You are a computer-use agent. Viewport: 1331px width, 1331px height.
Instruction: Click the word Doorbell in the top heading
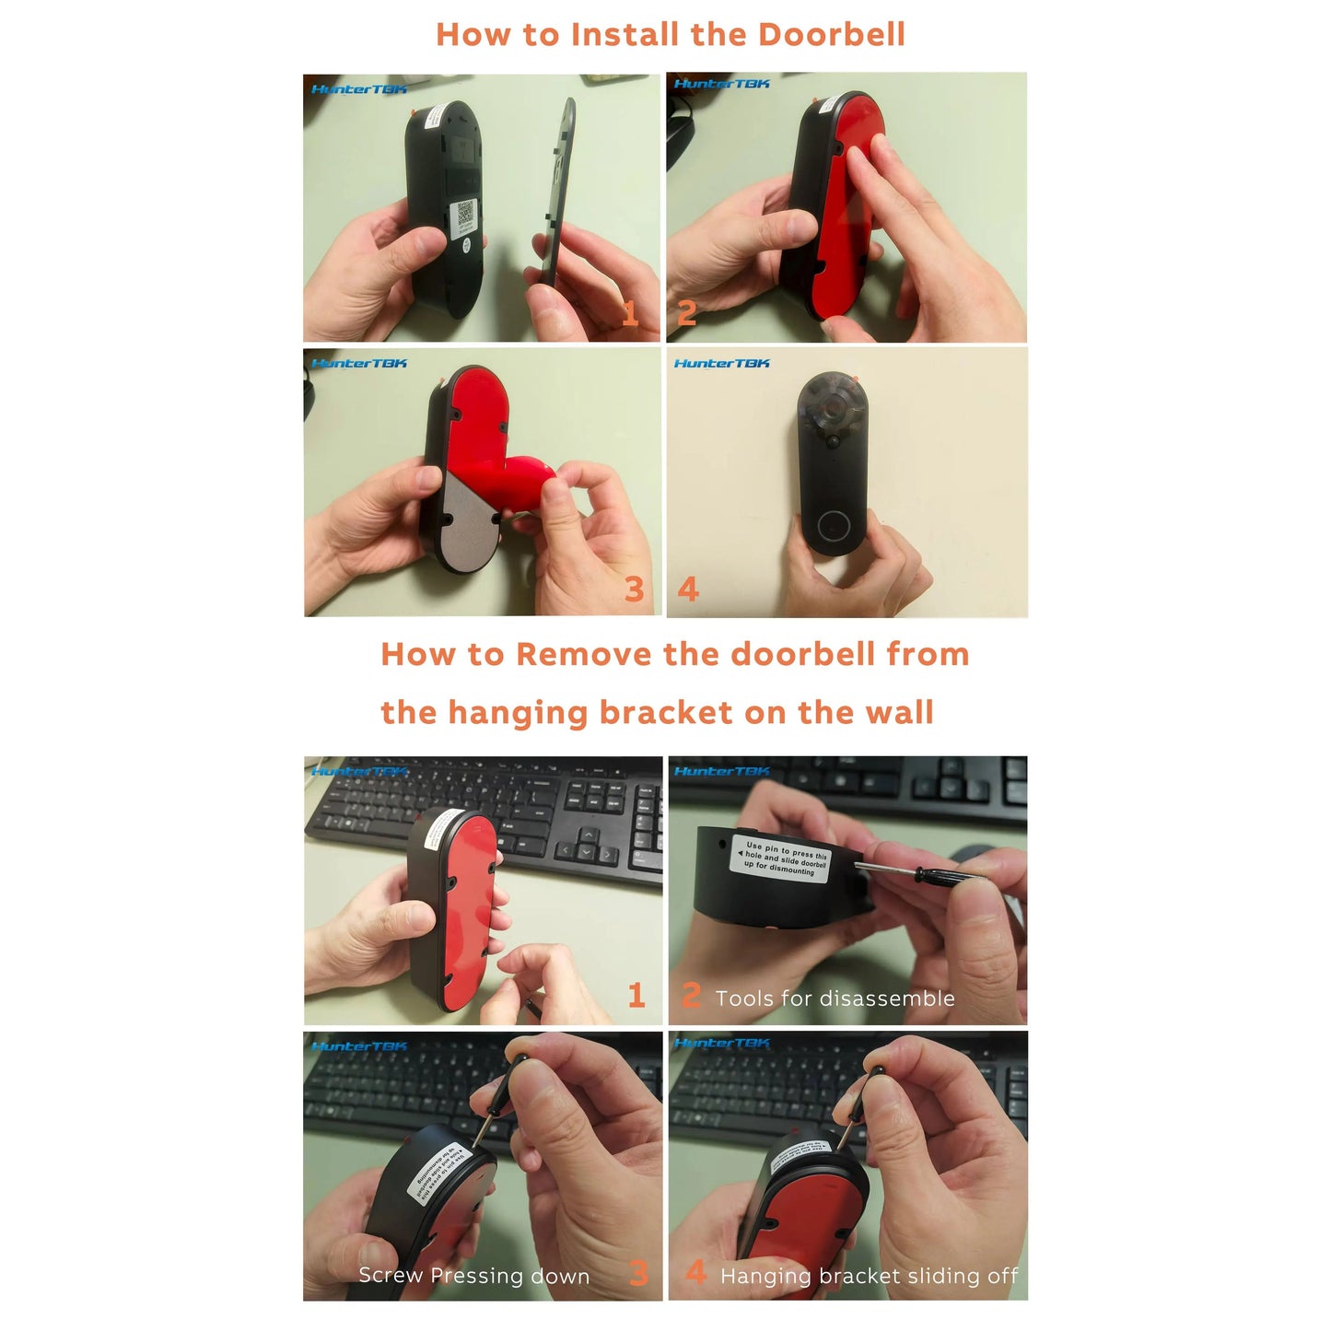(831, 35)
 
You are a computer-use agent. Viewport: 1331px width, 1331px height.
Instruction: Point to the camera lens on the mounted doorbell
(835, 407)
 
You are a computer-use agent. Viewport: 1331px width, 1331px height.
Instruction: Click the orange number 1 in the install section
(630, 314)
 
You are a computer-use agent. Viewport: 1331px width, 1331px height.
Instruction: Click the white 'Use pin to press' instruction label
(781, 857)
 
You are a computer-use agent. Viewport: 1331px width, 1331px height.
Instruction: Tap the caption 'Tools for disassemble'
(835, 998)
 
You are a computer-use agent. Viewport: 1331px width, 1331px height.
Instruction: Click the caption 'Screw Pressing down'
(473, 1276)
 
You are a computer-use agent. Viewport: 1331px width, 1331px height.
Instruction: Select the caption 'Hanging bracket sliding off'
(869, 1276)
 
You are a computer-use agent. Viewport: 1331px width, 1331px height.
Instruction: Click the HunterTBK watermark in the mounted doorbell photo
(721, 364)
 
